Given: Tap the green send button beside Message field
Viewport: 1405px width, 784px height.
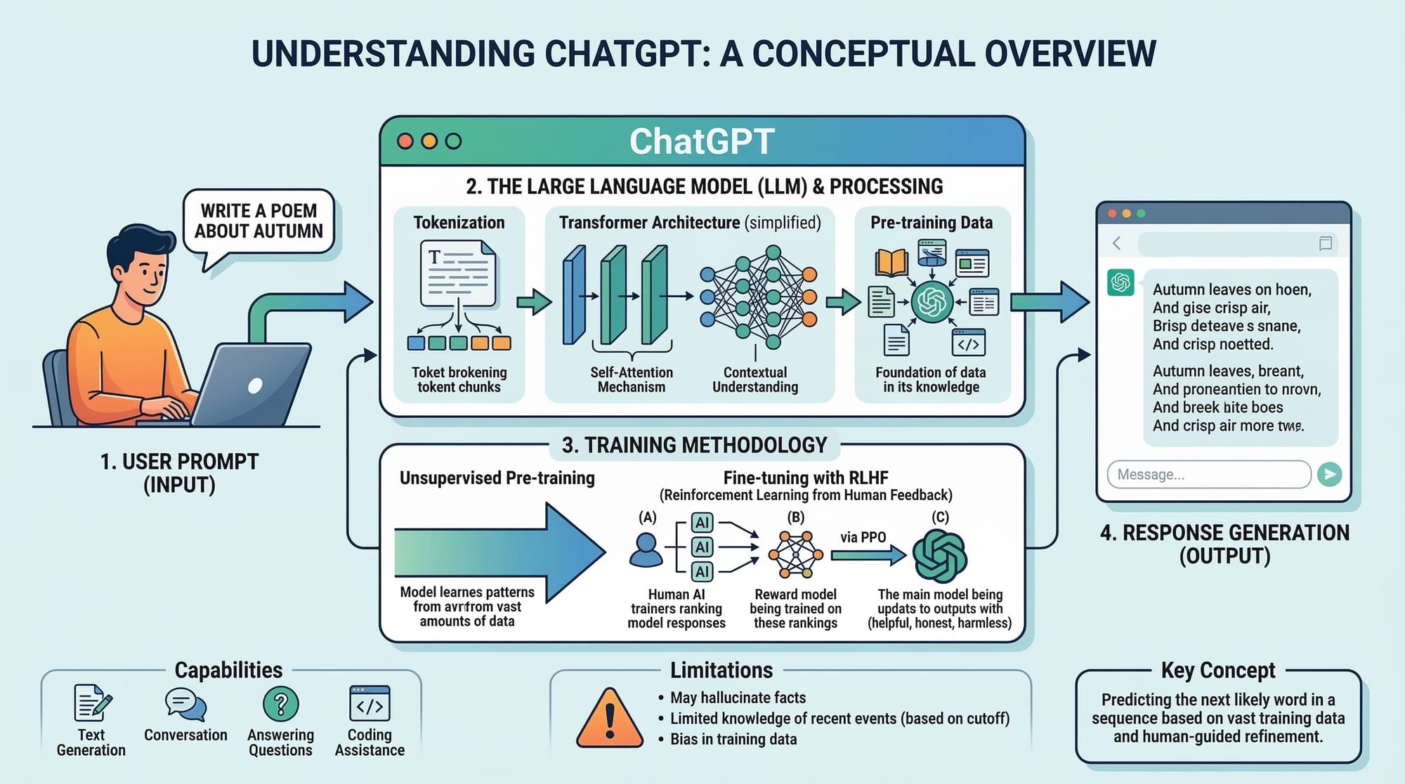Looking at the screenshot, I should tap(1329, 474).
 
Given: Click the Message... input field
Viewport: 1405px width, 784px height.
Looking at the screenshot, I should tap(1208, 474).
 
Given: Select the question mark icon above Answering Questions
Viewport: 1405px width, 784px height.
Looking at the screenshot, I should tap(280, 704).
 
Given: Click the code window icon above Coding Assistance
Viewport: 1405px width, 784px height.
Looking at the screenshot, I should tap(370, 704).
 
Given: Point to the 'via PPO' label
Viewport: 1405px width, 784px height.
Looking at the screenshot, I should tap(863, 537).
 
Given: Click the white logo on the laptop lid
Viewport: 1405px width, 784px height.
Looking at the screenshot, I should tap(256, 385).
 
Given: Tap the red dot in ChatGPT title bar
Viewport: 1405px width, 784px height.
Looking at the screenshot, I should tap(405, 141).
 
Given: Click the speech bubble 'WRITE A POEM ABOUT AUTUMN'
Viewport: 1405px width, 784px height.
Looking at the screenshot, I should tap(259, 221).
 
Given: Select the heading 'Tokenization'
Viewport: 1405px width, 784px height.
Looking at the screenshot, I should tap(459, 223).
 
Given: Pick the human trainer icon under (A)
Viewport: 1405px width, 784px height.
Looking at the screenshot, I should tap(646, 550).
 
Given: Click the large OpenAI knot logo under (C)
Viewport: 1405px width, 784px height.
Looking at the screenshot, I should tap(939, 556).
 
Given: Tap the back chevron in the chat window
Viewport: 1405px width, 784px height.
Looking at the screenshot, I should tap(1116, 244).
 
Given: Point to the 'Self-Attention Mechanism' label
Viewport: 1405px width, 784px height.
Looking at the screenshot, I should tap(631, 379).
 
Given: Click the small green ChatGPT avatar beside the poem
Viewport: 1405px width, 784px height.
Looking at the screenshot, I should tap(1120, 282).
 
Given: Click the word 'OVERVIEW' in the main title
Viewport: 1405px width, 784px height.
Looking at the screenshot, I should tap(1070, 54).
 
